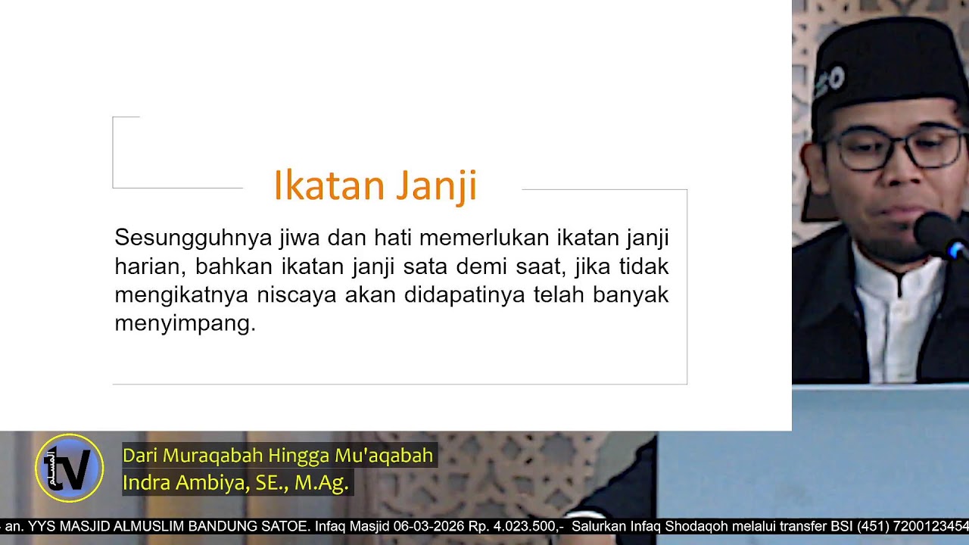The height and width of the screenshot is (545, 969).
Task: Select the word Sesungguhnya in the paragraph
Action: [x=193, y=238]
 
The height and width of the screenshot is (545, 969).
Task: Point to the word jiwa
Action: [x=299, y=238]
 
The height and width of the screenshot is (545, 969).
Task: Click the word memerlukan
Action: [x=484, y=238]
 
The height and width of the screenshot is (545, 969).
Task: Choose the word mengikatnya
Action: [x=181, y=295]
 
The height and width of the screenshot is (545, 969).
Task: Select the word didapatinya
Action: [x=464, y=294]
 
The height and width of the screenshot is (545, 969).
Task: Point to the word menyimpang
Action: [x=185, y=323]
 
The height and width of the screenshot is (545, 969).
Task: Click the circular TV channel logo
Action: [x=69, y=468]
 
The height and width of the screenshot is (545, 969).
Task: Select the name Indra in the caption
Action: [x=146, y=482]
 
